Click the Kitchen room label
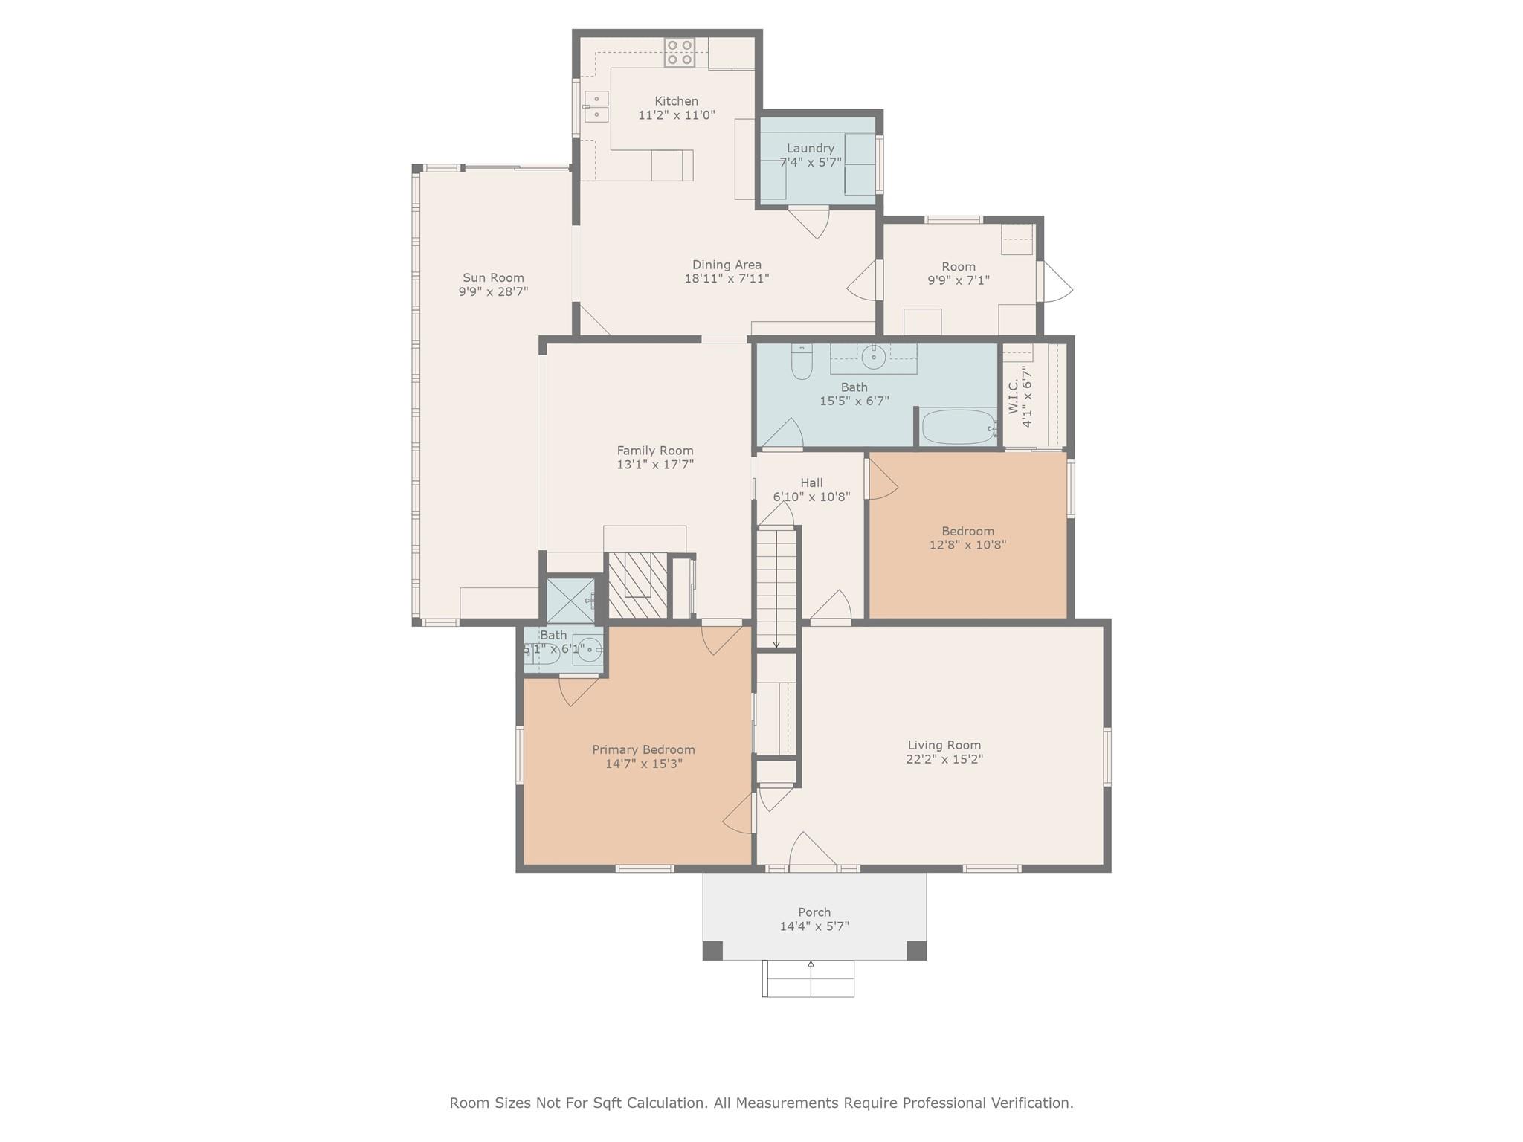click(676, 101)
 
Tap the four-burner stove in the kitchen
click(680, 53)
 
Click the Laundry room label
click(811, 148)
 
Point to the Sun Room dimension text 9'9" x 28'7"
click(493, 291)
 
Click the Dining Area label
click(727, 265)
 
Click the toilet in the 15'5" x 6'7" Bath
click(802, 361)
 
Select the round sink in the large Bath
click(874, 358)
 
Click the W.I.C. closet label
click(1013, 396)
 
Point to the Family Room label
click(655, 451)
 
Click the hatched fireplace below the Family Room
click(637, 585)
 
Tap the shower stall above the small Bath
click(571, 601)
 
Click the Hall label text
click(811, 483)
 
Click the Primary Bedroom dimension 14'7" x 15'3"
click(643, 764)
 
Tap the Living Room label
click(944, 745)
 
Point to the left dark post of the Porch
click(712, 950)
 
